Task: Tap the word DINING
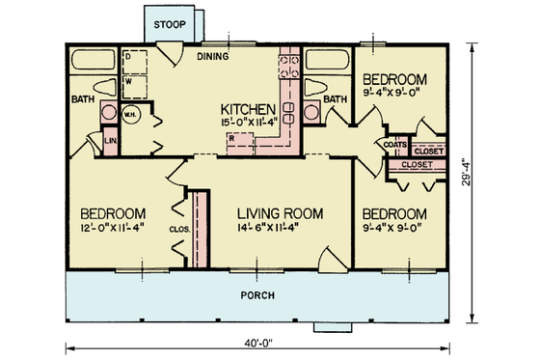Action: pos(213,56)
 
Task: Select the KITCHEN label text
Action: pos(249,108)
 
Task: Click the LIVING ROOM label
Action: pos(280,213)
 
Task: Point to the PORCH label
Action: pos(260,294)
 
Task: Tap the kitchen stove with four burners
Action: pos(287,66)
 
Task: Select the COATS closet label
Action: pos(392,146)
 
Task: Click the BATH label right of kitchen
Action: pos(335,98)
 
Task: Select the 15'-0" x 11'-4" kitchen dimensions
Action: pos(249,123)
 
